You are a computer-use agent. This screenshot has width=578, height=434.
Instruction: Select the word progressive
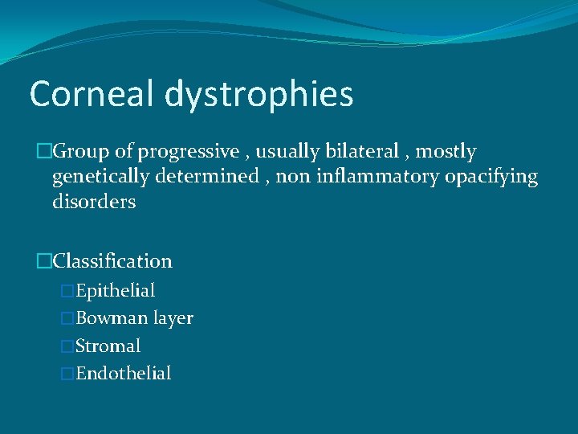point(189,152)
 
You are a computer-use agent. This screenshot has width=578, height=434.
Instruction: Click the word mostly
point(446,152)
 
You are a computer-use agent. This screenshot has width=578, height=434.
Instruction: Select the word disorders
point(94,202)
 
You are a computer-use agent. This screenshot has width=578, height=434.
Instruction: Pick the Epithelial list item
point(115,291)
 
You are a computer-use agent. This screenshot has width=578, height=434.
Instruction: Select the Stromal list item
point(108,346)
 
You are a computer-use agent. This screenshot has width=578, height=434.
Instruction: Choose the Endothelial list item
point(123,374)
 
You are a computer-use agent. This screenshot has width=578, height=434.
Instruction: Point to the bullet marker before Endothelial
point(67,374)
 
